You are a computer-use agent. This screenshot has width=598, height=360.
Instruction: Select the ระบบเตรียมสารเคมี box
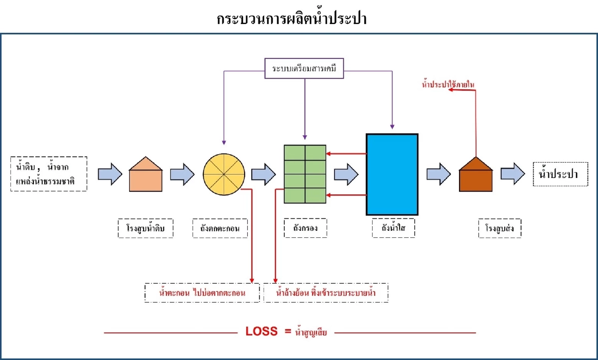304,69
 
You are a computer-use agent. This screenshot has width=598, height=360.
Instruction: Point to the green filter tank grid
304,174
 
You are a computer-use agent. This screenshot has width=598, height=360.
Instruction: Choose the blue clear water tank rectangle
392,174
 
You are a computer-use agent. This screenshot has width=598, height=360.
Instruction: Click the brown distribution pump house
476,175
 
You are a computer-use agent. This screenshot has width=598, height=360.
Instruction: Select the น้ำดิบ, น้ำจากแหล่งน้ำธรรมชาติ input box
49,174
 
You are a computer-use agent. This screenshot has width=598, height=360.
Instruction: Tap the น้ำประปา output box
557,174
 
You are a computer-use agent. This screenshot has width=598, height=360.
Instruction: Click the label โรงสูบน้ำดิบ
146,228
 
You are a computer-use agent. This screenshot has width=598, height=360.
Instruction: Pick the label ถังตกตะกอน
220,228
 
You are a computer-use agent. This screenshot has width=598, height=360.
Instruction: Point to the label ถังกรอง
305,228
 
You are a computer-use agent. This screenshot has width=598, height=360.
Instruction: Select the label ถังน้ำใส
392,228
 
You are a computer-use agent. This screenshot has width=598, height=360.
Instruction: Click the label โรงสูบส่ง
499,228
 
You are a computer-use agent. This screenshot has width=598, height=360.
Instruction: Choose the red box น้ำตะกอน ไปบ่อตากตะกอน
202,293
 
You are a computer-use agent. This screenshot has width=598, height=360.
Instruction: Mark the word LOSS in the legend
261,332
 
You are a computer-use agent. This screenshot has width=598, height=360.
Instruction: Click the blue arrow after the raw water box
110,174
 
